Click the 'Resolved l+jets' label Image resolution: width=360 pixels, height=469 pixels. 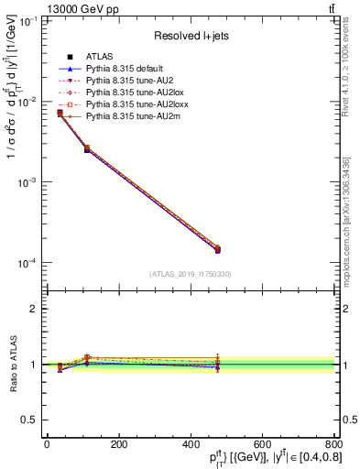click(190, 35)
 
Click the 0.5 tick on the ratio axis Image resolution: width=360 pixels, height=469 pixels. click(32, 420)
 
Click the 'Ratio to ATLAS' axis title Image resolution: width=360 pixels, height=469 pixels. click(12, 364)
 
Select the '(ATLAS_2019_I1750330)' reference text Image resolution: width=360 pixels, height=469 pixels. click(191, 274)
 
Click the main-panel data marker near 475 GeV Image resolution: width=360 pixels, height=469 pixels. click(217, 249)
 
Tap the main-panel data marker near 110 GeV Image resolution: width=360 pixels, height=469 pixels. click(87, 148)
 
